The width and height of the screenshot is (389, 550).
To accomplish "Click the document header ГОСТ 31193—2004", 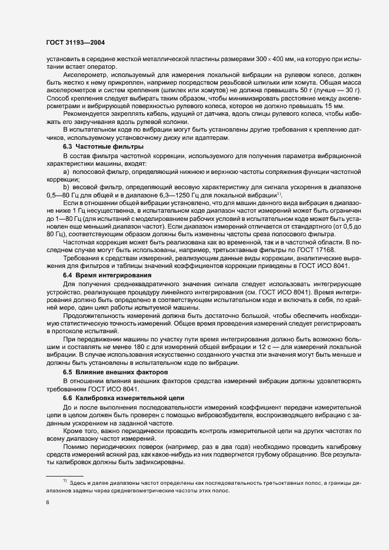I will click(x=75, y=42).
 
